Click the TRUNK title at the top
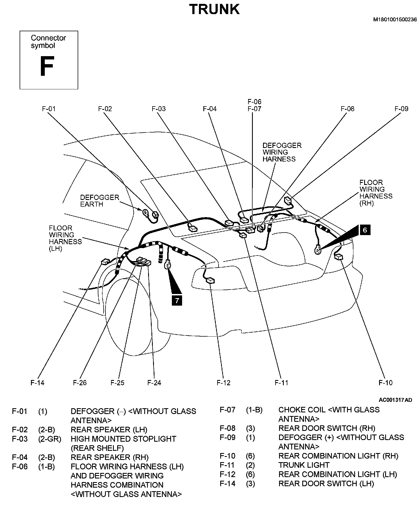click(x=214, y=9)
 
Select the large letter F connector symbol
click(x=46, y=66)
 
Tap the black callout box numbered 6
click(x=365, y=230)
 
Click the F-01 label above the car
click(x=49, y=109)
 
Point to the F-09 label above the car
click(x=401, y=109)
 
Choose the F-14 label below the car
click(x=37, y=383)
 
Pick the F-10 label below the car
click(x=385, y=383)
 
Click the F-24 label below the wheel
click(x=154, y=383)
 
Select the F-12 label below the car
click(x=224, y=383)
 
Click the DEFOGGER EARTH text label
click(x=99, y=201)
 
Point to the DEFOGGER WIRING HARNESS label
click(x=282, y=152)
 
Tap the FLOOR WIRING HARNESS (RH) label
click(x=376, y=193)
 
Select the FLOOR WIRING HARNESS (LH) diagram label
click(x=65, y=238)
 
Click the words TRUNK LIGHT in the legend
click(x=304, y=465)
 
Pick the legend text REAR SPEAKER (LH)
click(x=109, y=430)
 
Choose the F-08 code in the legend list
click(x=227, y=428)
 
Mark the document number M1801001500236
click(x=395, y=20)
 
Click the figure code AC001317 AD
click(x=395, y=400)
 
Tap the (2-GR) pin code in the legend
click(x=50, y=439)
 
